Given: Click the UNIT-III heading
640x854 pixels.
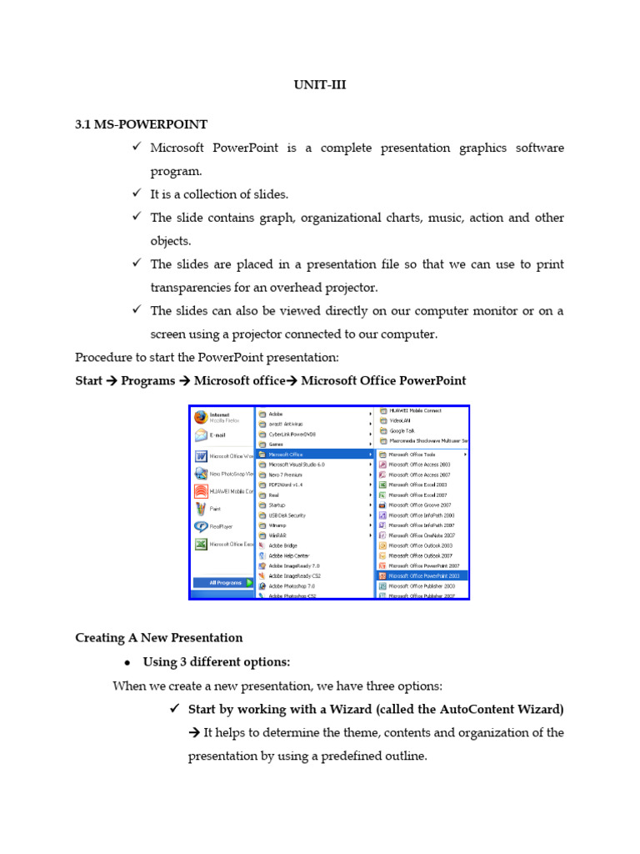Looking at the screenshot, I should (x=319, y=84).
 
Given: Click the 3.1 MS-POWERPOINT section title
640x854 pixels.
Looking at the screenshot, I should (x=141, y=124).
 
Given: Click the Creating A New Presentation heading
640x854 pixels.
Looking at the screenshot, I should (x=158, y=638).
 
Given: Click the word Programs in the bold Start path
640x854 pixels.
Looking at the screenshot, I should (x=147, y=381).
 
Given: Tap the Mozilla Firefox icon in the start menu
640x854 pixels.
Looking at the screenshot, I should (x=201, y=417).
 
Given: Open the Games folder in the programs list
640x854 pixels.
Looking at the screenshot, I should (x=275, y=445).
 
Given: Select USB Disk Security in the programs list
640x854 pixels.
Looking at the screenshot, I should (x=287, y=515).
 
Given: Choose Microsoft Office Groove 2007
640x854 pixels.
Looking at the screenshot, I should (x=421, y=505).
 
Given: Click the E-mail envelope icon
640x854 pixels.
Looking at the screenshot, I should (x=201, y=435).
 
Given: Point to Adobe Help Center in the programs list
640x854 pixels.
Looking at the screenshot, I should (x=289, y=555).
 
